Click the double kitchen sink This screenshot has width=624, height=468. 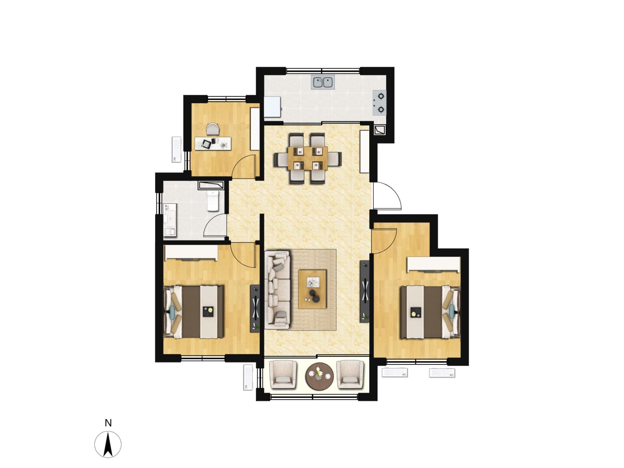click(x=323, y=82)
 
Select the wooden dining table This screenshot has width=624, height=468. click(x=307, y=158)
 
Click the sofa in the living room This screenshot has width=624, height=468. click(x=278, y=289)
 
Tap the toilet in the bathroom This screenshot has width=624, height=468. click(x=212, y=201)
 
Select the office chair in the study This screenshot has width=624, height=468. click(x=213, y=129)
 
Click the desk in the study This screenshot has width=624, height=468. click(x=213, y=143)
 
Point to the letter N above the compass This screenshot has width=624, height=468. click(x=108, y=423)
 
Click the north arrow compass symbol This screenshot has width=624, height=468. click(x=108, y=445)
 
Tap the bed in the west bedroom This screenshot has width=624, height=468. click(x=193, y=312)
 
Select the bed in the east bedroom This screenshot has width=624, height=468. click(x=430, y=312)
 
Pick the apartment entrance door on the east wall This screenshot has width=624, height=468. click(x=387, y=196)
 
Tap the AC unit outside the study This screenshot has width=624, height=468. click(x=176, y=149)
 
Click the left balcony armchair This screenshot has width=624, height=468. click(x=283, y=374)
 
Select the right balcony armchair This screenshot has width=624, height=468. click(x=350, y=374)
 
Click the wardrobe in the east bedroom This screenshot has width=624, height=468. click(x=433, y=264)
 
